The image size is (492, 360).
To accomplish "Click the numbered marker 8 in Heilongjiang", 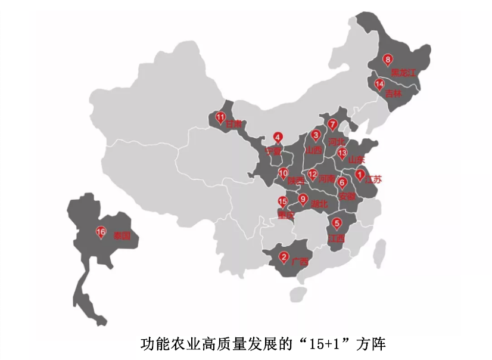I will click(388, 60).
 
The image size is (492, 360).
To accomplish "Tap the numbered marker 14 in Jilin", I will click(379, 85).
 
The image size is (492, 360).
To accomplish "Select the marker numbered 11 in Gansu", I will click(221, 117).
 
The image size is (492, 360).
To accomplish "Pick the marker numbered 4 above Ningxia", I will click(278, 137).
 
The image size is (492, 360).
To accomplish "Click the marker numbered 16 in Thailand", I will click(101, 232).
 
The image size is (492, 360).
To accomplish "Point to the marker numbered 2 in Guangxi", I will click(284, 257).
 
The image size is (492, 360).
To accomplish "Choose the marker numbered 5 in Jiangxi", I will click(337, 224).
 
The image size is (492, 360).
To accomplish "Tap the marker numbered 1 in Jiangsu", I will click(360, 175).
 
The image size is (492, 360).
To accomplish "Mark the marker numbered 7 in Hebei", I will click(333, 124).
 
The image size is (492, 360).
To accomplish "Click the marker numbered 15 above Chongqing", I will click(283, 201).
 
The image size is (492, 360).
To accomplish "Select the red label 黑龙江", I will click(403, 73).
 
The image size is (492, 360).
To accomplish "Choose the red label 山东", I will click(356, 159).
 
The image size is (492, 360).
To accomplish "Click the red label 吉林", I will click(394, 94).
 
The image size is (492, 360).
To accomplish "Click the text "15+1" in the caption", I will click(321, 344).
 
